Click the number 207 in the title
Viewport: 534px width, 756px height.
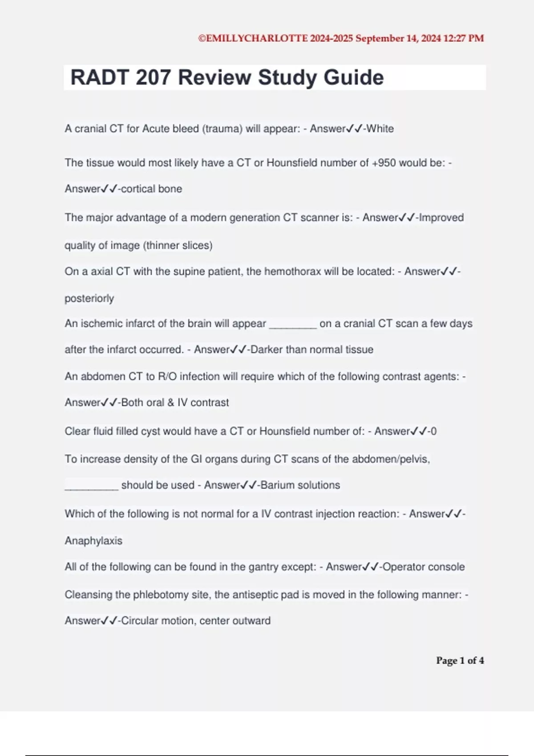point(153,77)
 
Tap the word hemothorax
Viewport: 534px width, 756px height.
point(292,271)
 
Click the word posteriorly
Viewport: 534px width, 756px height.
point(89,298)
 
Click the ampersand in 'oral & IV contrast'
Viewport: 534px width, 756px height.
point(171,402)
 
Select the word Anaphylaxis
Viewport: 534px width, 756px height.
point(93,540)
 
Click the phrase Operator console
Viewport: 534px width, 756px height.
point(423,567)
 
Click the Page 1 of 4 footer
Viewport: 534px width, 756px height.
point(460,660)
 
